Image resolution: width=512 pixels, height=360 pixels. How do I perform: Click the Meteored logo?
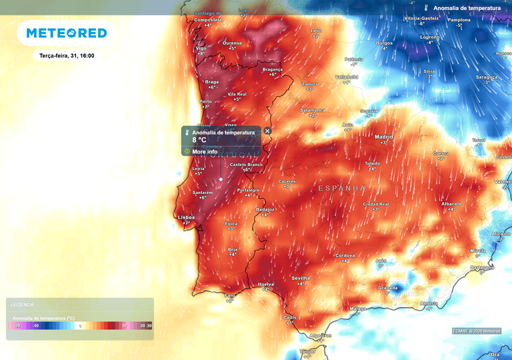click(x=66, y=33)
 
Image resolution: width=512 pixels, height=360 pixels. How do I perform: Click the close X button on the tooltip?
click(x=267, y=131)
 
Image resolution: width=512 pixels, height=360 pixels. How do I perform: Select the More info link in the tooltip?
click(x=205, y=151)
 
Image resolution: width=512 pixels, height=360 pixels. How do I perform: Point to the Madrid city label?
click(x=384, y=137)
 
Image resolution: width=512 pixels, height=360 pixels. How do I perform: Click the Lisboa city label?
click(x=186, y=217)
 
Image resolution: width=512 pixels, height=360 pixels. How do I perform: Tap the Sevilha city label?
click(x=301, y=278)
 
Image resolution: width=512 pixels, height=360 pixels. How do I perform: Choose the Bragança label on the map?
click(x=273, y=69)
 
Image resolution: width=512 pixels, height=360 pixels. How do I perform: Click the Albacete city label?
click(x=451, y=203)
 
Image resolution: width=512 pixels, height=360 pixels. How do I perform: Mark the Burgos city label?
click(x=384, y=43)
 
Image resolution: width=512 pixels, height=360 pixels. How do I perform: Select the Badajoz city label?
click(x=265, y=209)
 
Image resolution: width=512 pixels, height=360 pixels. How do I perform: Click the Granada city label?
click(x=388, y=287)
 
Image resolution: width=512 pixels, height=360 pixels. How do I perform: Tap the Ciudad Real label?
click(x=375, y=204)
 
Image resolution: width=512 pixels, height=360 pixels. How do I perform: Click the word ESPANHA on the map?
click(x=341, y=188)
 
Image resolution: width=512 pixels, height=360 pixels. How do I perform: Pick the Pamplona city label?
click(x=459, y=20)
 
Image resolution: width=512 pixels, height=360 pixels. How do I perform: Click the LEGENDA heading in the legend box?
click(x=22, y=305)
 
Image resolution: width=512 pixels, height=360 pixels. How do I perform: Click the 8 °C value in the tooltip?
click(x=199, y=141)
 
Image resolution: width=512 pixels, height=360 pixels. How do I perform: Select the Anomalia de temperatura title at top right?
click(x=467, y=8)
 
